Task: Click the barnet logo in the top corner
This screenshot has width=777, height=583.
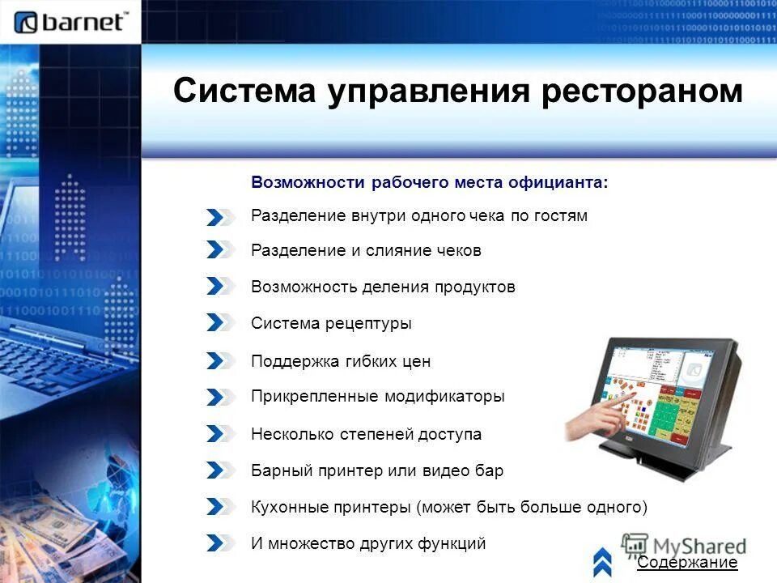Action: click(x=71, y=21)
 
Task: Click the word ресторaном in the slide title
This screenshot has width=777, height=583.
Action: click(x=641, y=91)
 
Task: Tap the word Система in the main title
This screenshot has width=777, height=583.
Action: click(x=245, y=91)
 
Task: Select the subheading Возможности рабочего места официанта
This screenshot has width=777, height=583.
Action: click(x=429, y=182)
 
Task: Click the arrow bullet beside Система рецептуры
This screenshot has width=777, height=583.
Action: click(x=220, y=322)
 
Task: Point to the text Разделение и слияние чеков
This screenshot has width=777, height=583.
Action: click(x=366, y=251)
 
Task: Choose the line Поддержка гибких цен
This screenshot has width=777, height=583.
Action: click(x=341, y=361)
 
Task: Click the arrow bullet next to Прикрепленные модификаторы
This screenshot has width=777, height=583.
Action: click(x=220, y=397)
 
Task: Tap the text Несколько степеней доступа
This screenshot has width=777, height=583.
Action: click(x=366, y=434)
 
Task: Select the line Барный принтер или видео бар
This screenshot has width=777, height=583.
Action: click(x=377, y=470)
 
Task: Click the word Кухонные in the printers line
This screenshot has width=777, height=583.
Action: click(x=289, y=508)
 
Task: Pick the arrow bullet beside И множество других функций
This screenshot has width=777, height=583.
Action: click(x=220, y=543)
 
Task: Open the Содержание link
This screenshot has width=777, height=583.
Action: click(x=687, y=563)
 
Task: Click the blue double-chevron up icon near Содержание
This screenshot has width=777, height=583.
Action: click(x=602, y=560)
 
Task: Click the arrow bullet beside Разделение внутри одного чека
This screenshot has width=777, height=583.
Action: click(x=220, y=216)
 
